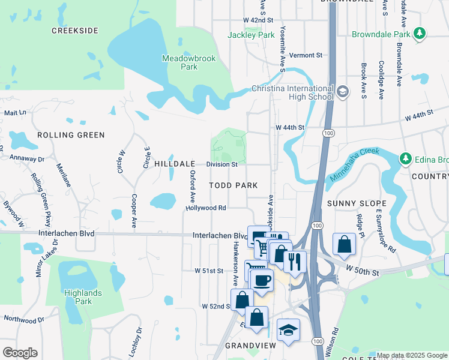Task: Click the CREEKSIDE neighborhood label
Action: (74, 31)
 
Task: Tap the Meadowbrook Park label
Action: (181, 62)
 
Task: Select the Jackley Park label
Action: (251, 35)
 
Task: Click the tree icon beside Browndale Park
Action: (421, 34)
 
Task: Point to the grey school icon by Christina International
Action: (343, 92)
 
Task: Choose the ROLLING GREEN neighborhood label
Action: (71, 135)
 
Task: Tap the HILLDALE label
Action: (175, 164)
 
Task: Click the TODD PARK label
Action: (234, 185)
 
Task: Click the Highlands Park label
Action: (83, 297)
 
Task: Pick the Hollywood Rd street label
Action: (205, 208)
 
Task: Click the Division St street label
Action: (222, 164)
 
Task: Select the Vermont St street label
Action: (306, 55)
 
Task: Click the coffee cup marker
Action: (262, 279)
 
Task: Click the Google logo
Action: (20, 353)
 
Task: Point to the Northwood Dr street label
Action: (24, 319)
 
